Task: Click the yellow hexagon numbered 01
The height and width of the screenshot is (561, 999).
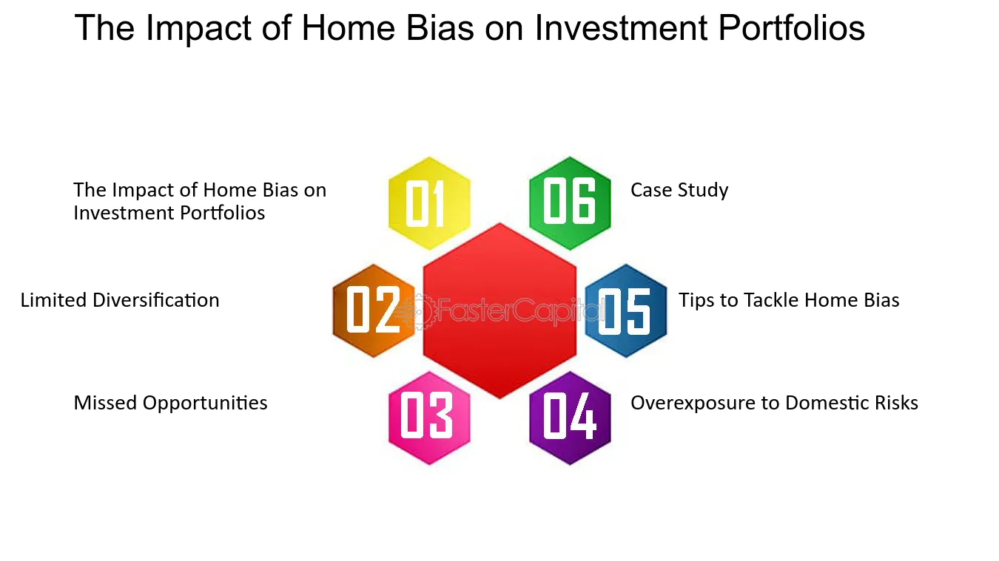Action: coord(429,203)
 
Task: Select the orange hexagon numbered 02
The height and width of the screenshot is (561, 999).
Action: coord(374,310)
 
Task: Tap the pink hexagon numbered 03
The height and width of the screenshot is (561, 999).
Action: coord(429,418)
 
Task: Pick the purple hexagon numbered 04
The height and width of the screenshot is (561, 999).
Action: coord(570,418)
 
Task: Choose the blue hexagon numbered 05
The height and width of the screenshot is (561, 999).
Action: coord(626,310)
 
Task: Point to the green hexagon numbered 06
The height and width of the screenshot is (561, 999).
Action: coord(570,203)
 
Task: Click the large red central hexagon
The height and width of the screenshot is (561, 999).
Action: coord(499,310)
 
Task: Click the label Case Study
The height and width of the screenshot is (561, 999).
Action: coord(679,190)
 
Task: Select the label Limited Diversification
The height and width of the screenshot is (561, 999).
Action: coord(120,300)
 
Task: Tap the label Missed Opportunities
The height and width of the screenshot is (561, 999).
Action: coord(170,404)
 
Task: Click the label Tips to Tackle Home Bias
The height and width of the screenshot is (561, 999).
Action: coord(789,300)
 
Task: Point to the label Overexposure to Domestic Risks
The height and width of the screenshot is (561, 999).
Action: coord(774,404)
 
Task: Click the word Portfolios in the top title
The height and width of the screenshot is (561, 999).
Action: coord(791,27)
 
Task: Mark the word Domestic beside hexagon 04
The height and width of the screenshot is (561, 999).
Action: coord(824,403)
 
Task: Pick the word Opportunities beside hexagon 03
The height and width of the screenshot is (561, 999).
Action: coord(205,404)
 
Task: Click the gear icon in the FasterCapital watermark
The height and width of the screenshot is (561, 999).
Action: coord(417,312)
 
